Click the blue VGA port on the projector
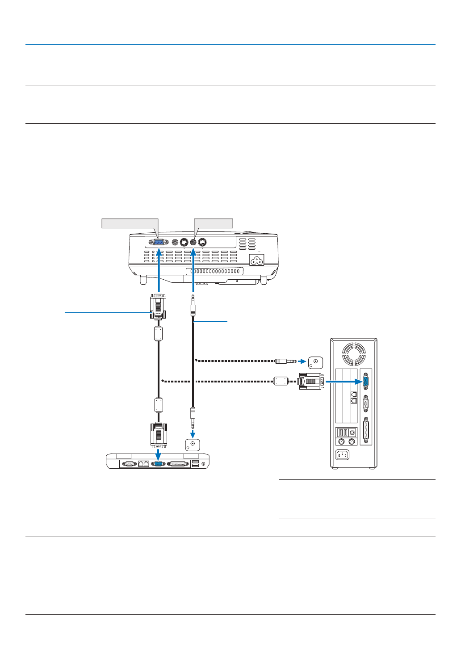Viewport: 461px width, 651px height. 159,242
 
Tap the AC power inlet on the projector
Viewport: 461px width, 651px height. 256,260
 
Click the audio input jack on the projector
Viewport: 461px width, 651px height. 193,242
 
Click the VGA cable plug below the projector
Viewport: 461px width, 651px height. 158,307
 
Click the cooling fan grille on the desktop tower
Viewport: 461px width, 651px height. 354,354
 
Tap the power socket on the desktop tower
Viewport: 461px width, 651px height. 343,455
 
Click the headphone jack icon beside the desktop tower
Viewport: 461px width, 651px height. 315,362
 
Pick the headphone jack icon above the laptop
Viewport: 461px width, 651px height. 193,445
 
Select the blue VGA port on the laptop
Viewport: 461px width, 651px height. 158,464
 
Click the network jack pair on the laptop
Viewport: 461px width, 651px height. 143,464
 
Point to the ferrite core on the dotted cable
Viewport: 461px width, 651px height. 281,381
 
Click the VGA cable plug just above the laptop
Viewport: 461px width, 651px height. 159,435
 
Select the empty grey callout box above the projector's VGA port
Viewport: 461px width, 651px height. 130,223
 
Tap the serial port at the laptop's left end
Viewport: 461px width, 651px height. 129,464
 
